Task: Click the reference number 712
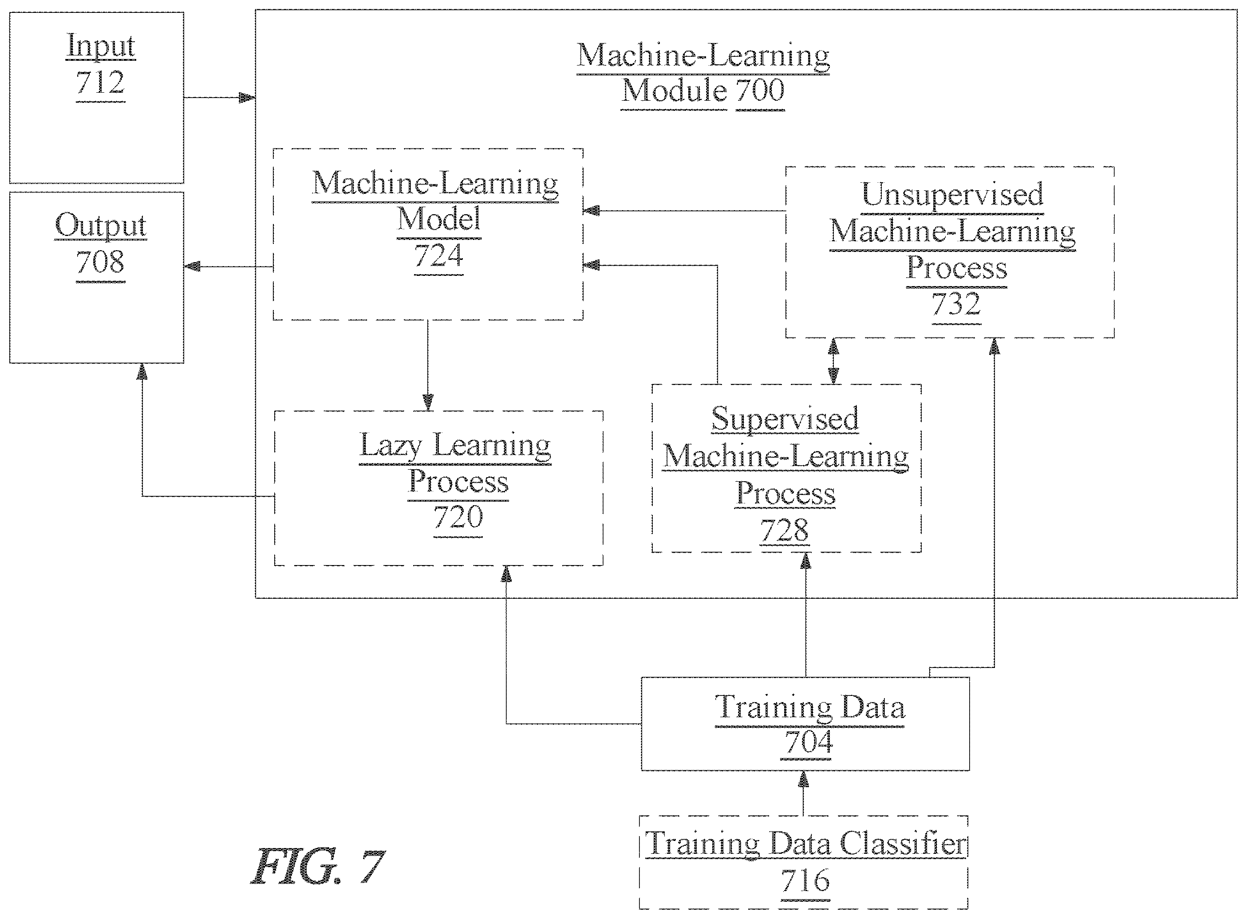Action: click(x=101, y=83)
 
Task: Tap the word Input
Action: click(x=101, y=46)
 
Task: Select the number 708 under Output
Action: click(x=100, y=262)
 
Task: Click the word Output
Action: click(x=101, y=225)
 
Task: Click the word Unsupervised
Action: click(x=953, y=194)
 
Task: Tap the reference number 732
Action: click(x=956, y=304)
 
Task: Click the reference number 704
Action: click(x=809, y=742)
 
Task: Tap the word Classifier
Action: click(x=903, y=844)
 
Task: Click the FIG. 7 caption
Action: click(x=318, y=866)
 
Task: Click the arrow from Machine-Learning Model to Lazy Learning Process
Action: click(x=428, y=365)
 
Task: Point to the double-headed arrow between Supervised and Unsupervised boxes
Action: click(x=833, y=361)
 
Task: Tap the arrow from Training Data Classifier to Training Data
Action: click(x=803, y=793)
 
